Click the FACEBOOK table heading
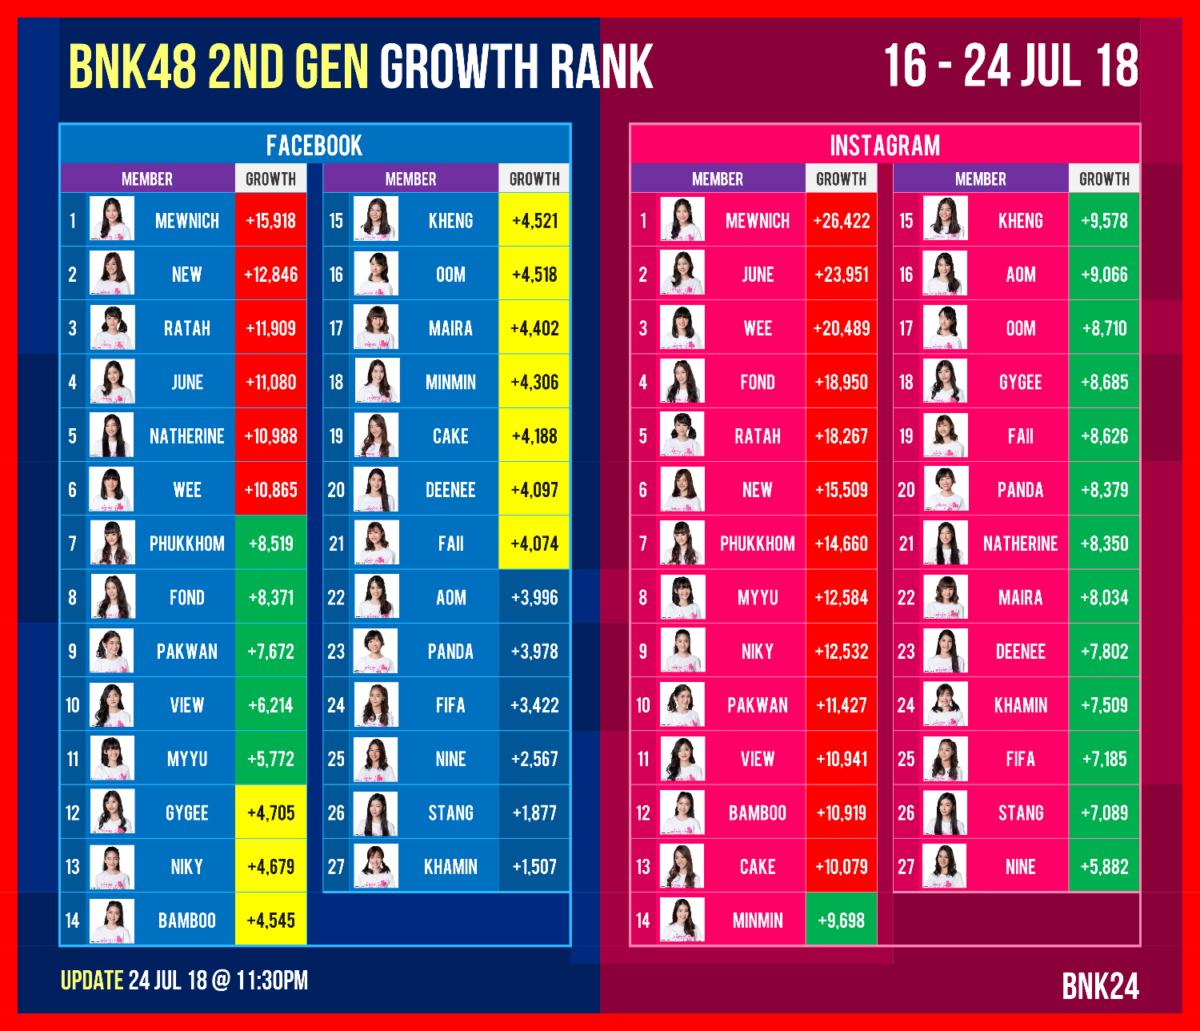(x=314, y=146)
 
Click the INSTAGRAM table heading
(x=885, y=146)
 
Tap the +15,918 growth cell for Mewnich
(x=271, y=221)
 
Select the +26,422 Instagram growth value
(x=841, y=221)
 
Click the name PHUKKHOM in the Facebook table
(x=186, y=544)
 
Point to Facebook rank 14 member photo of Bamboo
(x=112, y=921)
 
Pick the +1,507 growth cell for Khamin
(x=534, y=867)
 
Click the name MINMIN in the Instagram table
(x=758, y=921)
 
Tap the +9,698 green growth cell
(x=841, y=921)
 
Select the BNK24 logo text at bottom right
(x=1100, y=987)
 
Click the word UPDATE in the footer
(x=92, y=981)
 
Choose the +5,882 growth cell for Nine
(x=1104, y=867)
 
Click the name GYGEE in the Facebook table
(x=186, y=813)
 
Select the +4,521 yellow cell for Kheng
(x=534, y=221)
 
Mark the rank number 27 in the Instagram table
(x=906, y=867)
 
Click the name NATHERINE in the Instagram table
(x=1020, y=544)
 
